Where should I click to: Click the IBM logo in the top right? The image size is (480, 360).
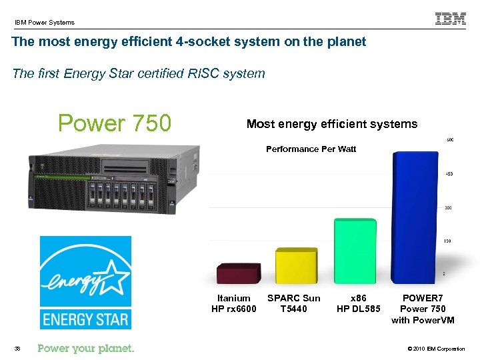pyautogui.click(x=451, y=19)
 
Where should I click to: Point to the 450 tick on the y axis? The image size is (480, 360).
pyautogui.click(x=449, y=174)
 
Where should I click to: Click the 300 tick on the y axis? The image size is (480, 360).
pyautogui.click(x=449, y=207)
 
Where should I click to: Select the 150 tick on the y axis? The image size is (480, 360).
pyautogui.click(x=449, y=241)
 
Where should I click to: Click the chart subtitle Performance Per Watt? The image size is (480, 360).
pyautogui.click(x=311, y=149)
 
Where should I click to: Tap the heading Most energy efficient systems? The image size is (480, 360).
pyautogui.click(x=332, y=124)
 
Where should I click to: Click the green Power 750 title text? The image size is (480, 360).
pyautogui.click(x=115, y=123)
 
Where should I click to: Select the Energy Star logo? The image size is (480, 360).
pyautogui.click(x=85, y=282)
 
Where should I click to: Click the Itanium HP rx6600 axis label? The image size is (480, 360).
pyautogui.click(x=234, y=303)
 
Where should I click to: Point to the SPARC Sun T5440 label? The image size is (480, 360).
pyautogui.click(x=293, y=303)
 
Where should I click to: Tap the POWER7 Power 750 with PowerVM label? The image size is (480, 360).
pyautogui.click(x=423, y=309)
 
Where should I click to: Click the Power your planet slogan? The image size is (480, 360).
pyautogui.click(x=86, y=348)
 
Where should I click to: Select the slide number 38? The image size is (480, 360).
pyautogui.click(x=17, y=349)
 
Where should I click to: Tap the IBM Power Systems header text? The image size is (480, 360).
pyautogui.click(x=45, y=23)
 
